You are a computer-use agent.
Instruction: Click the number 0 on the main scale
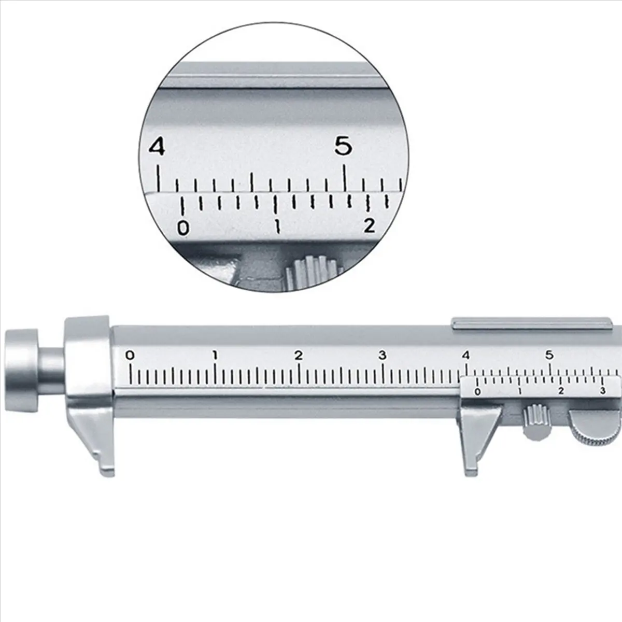tap(130, 356)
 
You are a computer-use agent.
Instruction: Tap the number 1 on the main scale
tap(215, 356)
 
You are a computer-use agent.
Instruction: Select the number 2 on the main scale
tap(299, 356)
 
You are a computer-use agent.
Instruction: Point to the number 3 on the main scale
tap(383, 356)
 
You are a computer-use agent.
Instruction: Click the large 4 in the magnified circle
tap(157, 147)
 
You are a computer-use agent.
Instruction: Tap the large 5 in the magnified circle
tap(343, 146)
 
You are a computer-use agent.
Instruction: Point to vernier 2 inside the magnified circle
tap(369, 225)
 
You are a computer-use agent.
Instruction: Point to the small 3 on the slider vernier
tap(602, 391)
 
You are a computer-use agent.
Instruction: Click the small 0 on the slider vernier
tap(477, 392)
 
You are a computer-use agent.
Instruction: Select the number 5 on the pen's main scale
tap(549, 356)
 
